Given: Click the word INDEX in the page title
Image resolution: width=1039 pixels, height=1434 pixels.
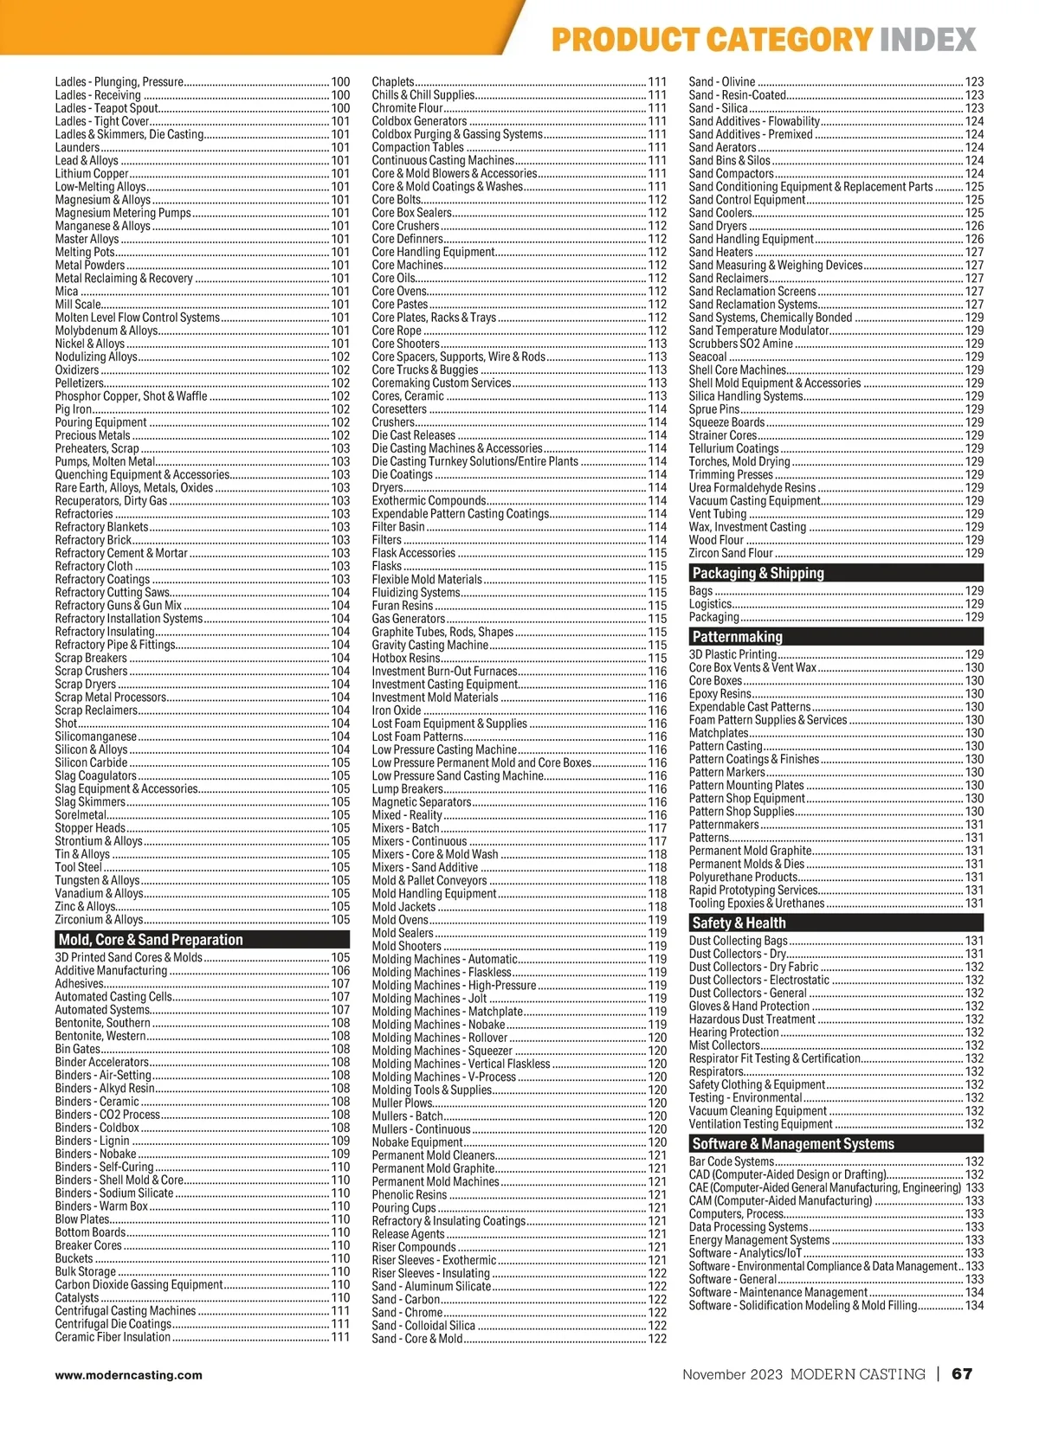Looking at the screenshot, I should tap(927, 40).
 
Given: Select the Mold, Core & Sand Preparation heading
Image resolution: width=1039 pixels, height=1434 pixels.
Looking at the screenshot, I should tap(151, 940).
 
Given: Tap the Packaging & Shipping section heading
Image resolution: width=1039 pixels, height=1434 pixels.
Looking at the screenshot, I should tap(758, 573).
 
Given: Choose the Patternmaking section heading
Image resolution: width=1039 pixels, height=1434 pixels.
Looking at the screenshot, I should tap(737, 637).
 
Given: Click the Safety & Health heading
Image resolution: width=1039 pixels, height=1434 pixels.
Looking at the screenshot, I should tap(739, 923).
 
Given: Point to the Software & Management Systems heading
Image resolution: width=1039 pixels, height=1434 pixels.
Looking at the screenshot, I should tap(793, 1144).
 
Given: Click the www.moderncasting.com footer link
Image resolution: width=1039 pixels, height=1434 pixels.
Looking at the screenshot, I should tap(129, 1374).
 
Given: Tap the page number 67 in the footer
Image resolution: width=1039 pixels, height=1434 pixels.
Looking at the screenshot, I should tap(962, 1374).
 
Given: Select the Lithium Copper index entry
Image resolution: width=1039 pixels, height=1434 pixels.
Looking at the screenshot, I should tap(92, 174).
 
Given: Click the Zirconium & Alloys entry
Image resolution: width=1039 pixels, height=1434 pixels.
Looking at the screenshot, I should tap(99, 920).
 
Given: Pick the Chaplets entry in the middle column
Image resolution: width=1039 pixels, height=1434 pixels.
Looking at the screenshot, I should tap(393, 82).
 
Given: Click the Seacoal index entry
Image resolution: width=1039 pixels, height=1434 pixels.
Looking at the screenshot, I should tap(708, 357).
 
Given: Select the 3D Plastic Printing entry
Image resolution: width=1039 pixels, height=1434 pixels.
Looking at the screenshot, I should tap(732, 655).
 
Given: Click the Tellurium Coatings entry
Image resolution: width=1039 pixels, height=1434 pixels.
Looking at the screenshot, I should tap(733, 448).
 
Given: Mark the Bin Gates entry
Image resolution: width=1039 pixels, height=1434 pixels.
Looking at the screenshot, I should tap(78, 1049).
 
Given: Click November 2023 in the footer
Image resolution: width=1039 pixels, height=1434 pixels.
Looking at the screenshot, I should tap(732, 1374).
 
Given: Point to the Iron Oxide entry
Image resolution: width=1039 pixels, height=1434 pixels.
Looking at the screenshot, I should tap(397, 711).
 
